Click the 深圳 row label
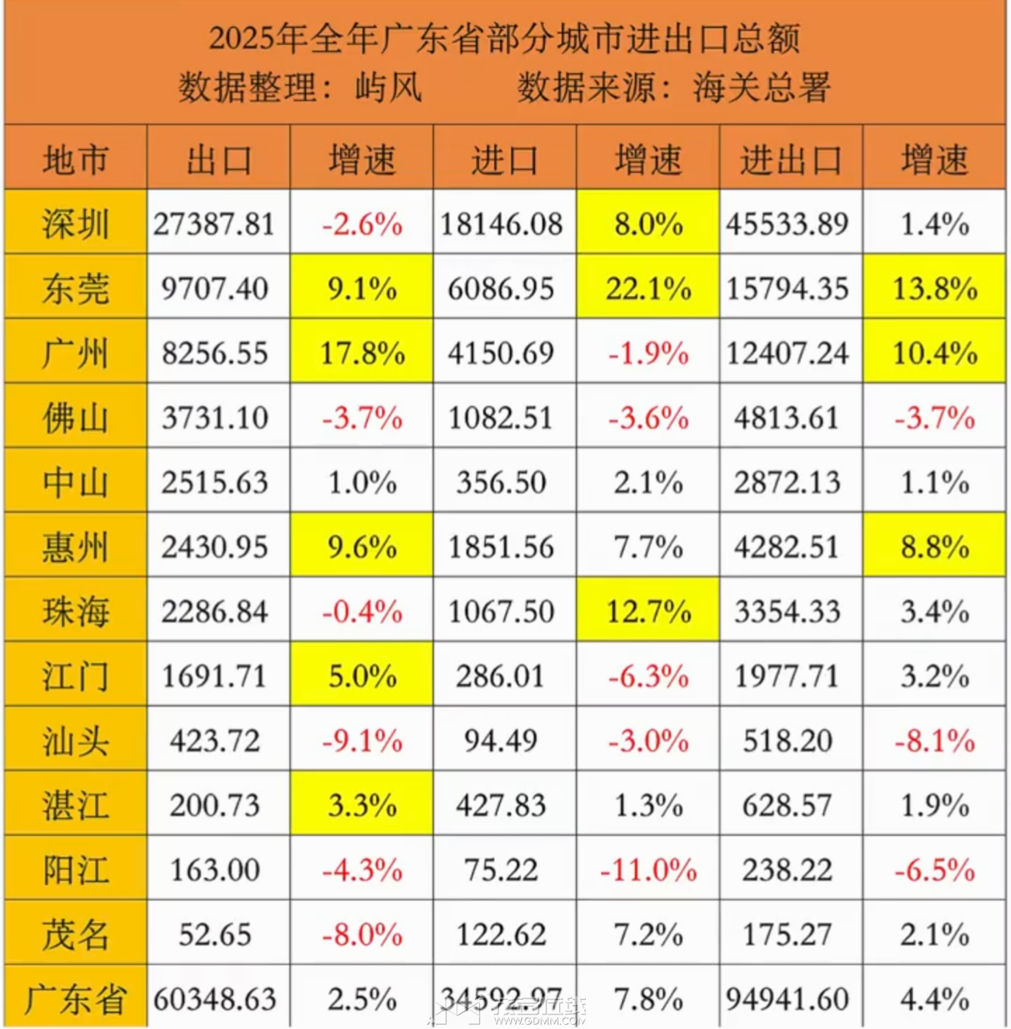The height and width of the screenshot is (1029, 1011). click(75, 223)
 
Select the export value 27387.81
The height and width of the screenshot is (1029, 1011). click(215, 223)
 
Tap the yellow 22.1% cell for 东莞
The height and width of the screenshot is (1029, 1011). click(648, 288)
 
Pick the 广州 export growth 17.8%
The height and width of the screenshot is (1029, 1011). click(362, 353)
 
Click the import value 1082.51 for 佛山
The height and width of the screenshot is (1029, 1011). click(501, 418)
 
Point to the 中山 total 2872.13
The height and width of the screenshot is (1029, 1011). click(787, 482)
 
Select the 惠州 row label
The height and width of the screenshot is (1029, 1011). click(75, 547)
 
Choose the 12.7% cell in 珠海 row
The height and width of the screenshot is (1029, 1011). click(648, 612)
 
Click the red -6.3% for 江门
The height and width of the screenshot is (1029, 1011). click(648, 676)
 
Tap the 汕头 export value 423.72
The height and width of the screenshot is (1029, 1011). click(215, 740)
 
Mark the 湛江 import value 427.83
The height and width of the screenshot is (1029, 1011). click(501, 805)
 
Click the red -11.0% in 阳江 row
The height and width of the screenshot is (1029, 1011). click(648, 870)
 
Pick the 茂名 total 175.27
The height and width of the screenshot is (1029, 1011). click(787, 934)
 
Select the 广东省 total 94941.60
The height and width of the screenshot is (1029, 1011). click(787, 999)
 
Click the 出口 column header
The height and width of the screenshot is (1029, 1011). click(218, 159)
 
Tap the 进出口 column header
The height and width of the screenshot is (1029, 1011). click(790, 159)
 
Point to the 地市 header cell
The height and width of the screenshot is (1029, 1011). click(75, 159)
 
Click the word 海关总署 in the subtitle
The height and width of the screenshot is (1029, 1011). click(761, 87)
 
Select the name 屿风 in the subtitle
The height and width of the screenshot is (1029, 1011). click(389, 87)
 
